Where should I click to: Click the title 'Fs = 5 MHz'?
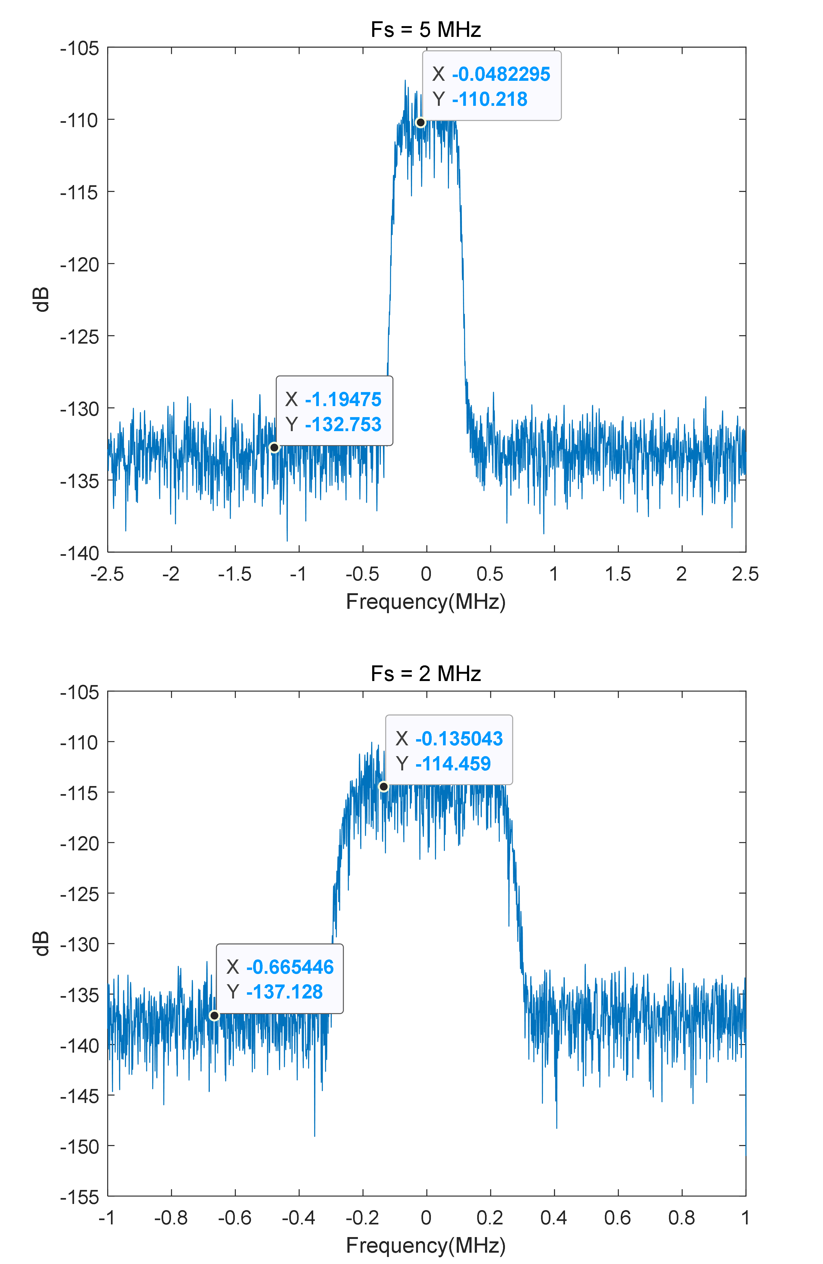[x=426, y=30]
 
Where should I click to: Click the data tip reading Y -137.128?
[x=280, y=979]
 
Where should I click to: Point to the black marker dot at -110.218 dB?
[x=420, y=123]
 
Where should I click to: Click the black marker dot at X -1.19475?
[x=274, y=448]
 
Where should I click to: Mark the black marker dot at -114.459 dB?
[x=383, y=787]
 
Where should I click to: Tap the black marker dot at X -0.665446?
[x=214, y=1015]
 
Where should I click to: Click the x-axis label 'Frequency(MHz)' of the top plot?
[x=426, y=602]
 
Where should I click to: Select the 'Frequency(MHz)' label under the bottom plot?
[x=426, y=1245]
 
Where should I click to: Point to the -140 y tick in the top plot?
[x=80, y=553]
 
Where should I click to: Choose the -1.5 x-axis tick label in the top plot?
[x=235, y=574]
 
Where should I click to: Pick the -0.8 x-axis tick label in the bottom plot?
[x=171, y=1218]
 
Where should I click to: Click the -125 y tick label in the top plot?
[x=80, y=337]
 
